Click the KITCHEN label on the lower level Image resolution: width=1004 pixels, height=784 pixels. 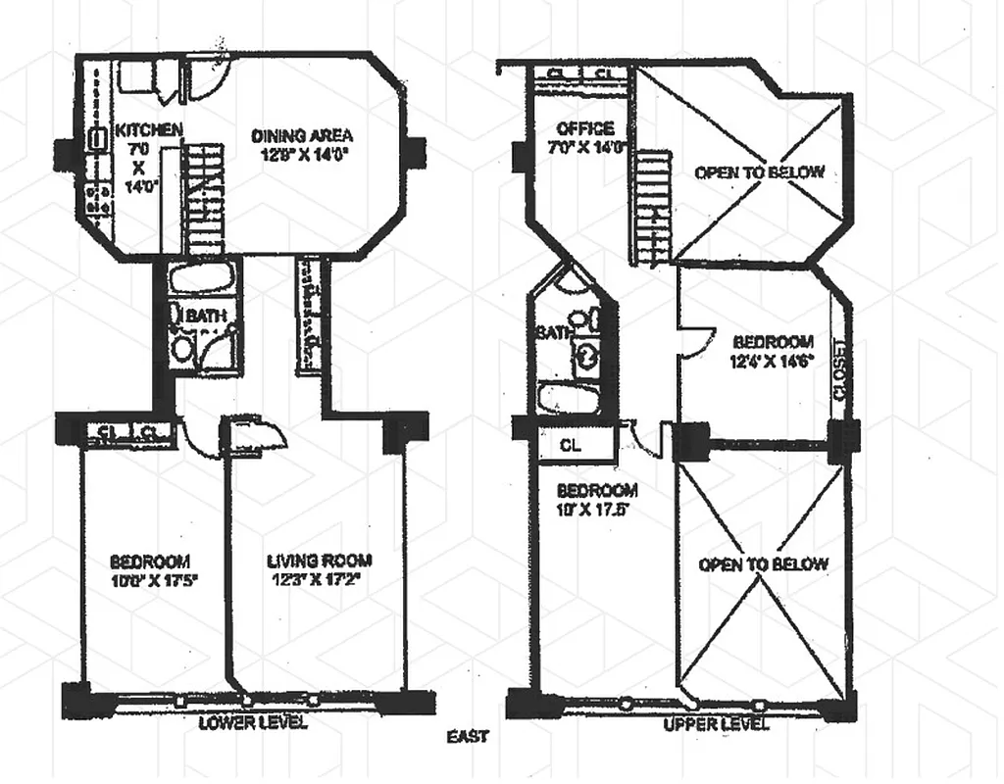[148, 129]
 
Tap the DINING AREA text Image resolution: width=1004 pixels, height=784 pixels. [301, 135]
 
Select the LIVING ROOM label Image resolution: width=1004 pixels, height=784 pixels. [320, 562]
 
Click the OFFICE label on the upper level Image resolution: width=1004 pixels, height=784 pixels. [584, 129]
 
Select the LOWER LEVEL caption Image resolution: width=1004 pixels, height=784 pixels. [252, 724]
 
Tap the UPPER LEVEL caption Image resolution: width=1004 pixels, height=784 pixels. [716, 725]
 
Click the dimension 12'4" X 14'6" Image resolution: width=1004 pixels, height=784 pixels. [772, 361]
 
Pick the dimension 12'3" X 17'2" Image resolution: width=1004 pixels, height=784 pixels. [320, 580]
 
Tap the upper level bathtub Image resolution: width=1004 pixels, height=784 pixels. [570, 399]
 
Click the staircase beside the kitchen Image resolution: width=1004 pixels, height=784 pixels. [205, 196]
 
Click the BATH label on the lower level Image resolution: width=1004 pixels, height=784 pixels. [205, 316]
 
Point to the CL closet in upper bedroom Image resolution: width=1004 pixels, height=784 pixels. [571, 444]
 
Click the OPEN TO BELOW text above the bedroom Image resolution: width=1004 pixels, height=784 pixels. [759, 172]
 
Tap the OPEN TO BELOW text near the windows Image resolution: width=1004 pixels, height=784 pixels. [763, 564]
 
